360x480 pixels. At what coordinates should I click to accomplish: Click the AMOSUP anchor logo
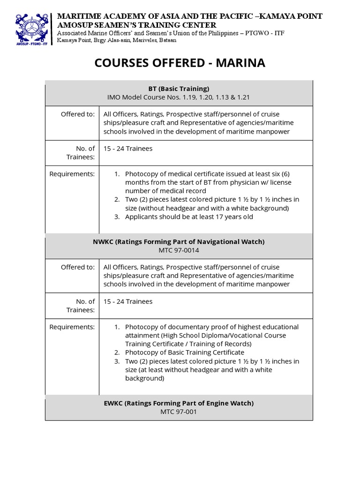(32, 27)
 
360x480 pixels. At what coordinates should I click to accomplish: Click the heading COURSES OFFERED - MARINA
(180, 63)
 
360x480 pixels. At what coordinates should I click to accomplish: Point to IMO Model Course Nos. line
(179, 97)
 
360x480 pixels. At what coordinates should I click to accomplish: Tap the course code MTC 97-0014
(179, 250)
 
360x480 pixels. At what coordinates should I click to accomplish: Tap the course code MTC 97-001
(179, 412)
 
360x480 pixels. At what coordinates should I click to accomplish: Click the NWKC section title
(179, 241)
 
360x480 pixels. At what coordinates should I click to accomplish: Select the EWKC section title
(179, 403)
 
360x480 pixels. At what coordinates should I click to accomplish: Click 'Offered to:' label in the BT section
(78, 114)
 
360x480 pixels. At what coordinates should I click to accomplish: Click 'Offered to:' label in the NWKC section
(78, 267)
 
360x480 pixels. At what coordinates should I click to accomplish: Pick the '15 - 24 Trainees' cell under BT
(128, 149)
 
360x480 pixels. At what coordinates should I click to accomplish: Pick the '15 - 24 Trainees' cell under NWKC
(128, 301)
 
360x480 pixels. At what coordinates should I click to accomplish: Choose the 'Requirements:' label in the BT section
(72, 174)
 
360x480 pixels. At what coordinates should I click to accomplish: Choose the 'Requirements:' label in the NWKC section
(72, 327)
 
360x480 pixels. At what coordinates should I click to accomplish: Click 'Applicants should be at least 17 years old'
(189, 217)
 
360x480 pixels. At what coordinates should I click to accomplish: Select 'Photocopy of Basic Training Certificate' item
(184, 352)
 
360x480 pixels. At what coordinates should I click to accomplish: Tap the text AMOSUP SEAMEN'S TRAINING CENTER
(136, 25)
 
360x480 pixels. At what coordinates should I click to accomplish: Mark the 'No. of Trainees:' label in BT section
(85, 153)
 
